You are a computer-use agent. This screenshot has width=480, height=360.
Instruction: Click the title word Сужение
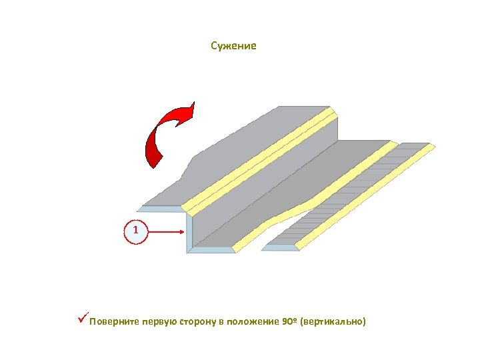pos(233,46)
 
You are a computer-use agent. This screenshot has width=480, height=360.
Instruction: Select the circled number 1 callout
pos(136,231)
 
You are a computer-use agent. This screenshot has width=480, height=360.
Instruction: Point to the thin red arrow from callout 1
pos(167,231)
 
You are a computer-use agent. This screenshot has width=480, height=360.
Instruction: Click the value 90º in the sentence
pos(289,322)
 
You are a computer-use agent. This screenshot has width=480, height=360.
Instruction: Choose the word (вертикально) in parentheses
pos(333,322)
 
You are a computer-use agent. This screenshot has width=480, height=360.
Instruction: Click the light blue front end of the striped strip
pos(280,248)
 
